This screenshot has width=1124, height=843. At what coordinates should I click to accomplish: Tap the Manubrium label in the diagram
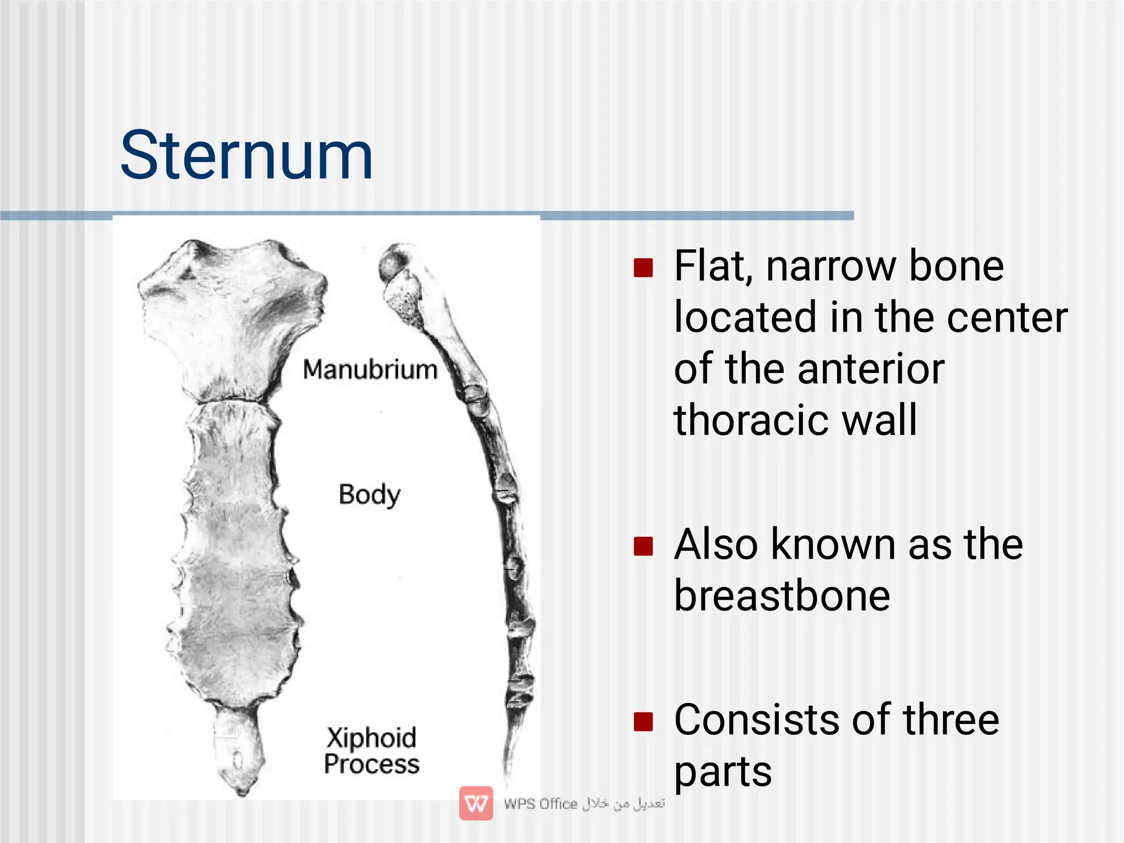pos(370,370)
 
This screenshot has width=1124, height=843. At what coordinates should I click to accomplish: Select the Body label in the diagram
pos(369,495)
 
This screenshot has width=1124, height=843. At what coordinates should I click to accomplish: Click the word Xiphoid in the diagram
pos(372,738)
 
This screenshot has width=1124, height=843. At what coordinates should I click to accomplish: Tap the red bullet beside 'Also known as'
pos(643,546)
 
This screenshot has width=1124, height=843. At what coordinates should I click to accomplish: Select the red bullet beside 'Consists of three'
pos(643,722)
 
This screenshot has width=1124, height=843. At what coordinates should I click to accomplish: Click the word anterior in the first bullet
pos(870,369)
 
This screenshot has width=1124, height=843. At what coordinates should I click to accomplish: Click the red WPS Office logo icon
pos(476,803)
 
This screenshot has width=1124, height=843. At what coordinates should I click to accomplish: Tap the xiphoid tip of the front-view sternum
pos(241,791)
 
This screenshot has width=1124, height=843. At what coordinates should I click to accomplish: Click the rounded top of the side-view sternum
pos(392,262)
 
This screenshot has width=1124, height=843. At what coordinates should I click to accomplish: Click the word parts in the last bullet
pos(723,772)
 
